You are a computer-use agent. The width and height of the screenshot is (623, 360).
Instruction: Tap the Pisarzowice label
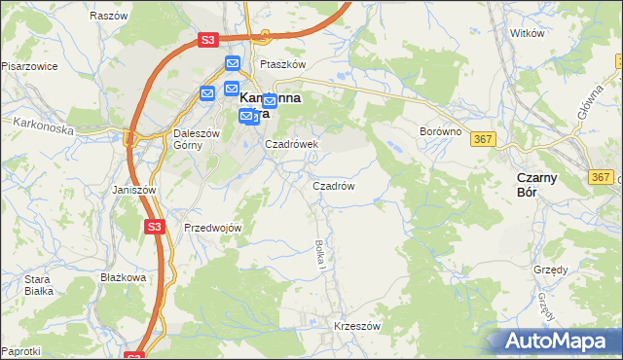30,66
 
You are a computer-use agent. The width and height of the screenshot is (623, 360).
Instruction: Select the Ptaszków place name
282,64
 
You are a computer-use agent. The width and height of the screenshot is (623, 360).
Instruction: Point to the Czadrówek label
292,144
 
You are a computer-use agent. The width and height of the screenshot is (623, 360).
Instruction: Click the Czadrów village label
332,185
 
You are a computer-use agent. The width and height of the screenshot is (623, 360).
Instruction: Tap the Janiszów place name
134,190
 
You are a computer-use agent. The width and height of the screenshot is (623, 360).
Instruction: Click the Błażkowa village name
123,276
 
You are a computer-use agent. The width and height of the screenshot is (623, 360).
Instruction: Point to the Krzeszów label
356,326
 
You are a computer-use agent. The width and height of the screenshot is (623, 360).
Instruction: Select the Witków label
527,32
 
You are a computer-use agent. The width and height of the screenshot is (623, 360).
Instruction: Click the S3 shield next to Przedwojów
154,226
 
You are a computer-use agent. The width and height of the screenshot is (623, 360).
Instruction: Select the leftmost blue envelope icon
208,93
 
